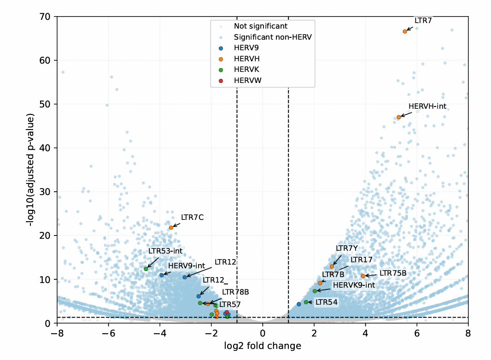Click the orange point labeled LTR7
click(405, 31)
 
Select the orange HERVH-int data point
click(398, 117)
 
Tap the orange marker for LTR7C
click(171, 227)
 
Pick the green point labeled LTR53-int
click(146, 269)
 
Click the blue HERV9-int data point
click(161, 275)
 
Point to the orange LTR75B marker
click(363, 276)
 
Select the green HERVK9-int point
click(315, 291)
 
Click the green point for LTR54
click(306, 302)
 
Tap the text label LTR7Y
click(346, 248)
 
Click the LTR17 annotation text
click(361, 260)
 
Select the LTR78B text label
click(235, 292)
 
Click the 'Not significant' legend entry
click(260, 26)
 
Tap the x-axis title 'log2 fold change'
click(263, 346)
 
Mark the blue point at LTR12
click(185, 277)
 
